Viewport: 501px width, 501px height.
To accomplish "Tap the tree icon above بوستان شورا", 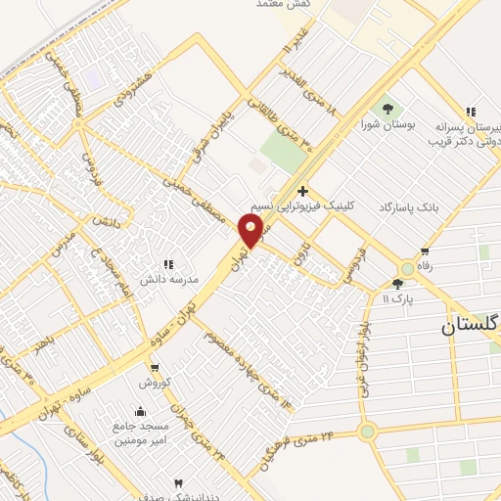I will pyautogui.click(x=389, y=108).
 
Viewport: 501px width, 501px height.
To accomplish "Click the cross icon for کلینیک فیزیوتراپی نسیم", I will pyautogui.click(x=303, y=191).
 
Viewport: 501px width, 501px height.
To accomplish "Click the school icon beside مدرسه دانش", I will pyautogui.click(x=167, y=263).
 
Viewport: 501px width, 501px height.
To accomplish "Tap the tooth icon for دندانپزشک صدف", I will pyautogui.click(x=177, y=484).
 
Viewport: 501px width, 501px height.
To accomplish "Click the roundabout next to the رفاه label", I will pyautogui.click(x=406, y=268).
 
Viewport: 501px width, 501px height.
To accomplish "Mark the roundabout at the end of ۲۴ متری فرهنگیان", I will pyautogui.click(x=367, y=431).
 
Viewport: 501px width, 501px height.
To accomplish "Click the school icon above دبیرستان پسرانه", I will pyautogui.click(x=471, y=113).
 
